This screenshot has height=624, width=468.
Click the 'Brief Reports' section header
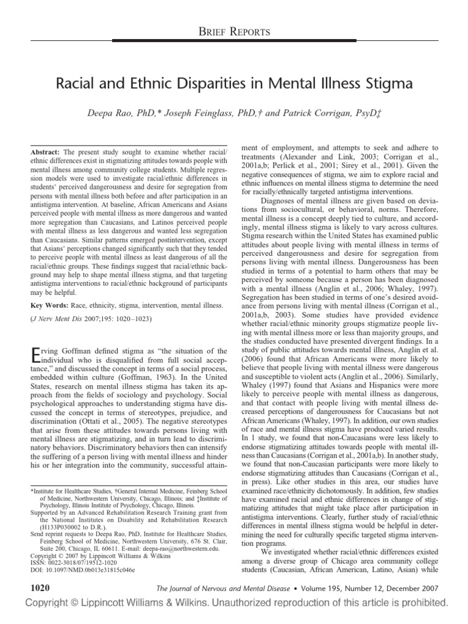coord(234,31)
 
